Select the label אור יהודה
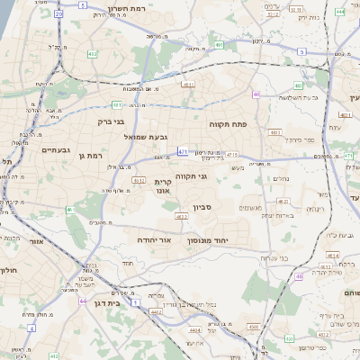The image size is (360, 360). coord(159,240)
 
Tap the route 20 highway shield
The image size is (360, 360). coord(59,15)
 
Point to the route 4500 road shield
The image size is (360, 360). coord(255,327)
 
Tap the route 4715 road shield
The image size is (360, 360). coord(232,156)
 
